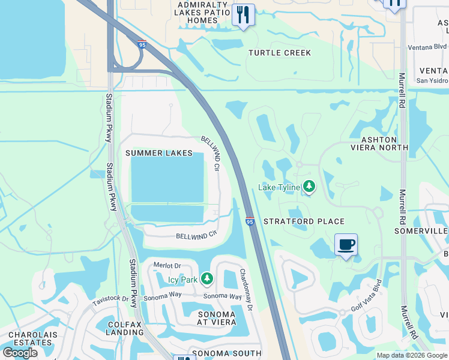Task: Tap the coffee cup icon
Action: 346,245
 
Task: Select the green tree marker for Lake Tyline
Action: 309,187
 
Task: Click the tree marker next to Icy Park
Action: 206,279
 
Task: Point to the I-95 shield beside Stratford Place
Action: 250,221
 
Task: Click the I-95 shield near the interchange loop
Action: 142,44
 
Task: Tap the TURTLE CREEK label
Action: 280,53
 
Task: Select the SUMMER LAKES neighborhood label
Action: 159,153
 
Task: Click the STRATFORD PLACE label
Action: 304,221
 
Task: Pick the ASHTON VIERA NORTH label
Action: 379,143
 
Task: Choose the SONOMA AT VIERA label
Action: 217,319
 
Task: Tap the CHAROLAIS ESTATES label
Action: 30,338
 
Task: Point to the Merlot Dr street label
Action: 167,266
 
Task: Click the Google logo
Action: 20,353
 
